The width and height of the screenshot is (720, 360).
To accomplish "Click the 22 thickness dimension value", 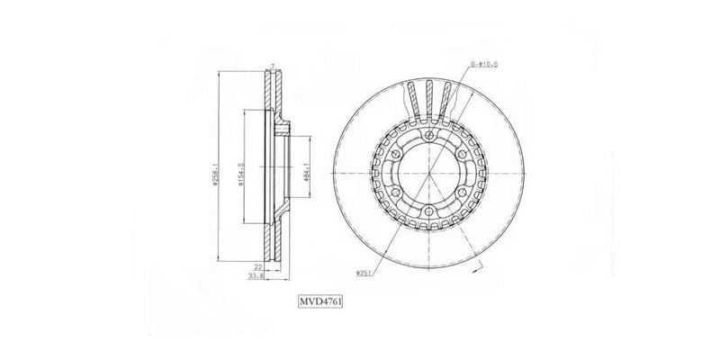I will point(257,266).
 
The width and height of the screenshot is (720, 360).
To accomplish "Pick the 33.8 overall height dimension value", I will point(256,277).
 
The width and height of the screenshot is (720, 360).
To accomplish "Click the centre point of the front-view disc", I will point(429,174).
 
